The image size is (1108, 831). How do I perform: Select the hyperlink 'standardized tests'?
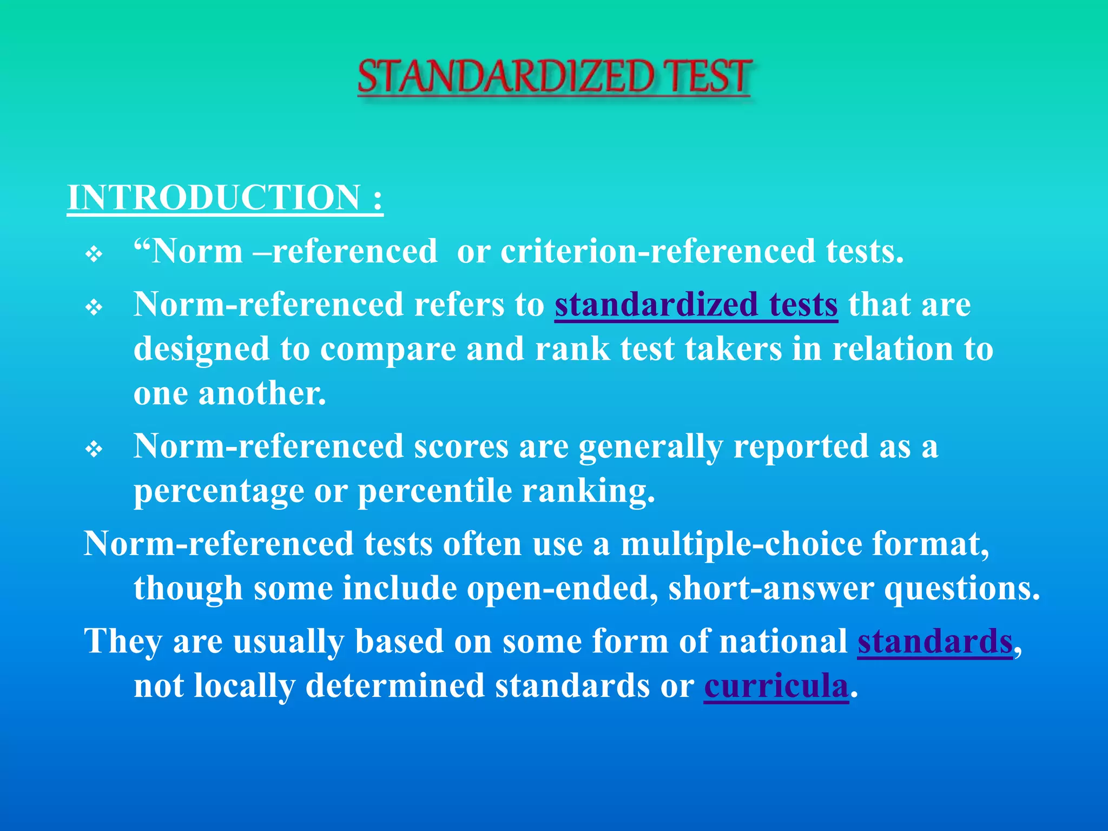click(x=696, y=305)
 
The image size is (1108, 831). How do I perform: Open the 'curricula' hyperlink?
click(x=776, y=686)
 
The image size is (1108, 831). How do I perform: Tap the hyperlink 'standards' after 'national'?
click(x=934, y=642)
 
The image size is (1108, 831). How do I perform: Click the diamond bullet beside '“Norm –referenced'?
click(x=94, y=254)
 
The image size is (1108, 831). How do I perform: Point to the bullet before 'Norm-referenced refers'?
click(x=94, y=307)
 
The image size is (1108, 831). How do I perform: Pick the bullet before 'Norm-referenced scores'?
click(x=94, y=449)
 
